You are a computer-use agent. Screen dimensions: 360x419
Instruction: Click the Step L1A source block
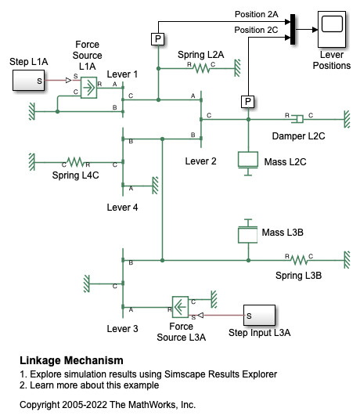29,80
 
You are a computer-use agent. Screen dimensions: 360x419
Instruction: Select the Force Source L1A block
88,88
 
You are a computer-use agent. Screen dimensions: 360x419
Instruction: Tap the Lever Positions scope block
332,30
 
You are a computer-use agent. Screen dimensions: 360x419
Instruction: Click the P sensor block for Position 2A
158,39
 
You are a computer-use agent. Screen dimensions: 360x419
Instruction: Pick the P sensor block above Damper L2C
248,102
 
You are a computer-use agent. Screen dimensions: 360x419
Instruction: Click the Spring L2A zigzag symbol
202,68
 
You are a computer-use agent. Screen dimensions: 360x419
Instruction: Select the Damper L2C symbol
297,119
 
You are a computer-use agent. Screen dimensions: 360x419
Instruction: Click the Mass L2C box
248,160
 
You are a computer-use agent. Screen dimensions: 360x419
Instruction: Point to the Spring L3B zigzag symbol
299,260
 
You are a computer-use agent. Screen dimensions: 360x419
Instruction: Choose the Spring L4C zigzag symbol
76,162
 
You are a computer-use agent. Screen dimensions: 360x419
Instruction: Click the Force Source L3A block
180,307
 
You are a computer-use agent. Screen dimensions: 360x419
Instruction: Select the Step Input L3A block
259,316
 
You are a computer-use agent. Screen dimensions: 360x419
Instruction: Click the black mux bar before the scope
293,30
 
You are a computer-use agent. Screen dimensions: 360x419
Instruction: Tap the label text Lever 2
201,161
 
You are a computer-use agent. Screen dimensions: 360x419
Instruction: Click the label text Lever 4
122,208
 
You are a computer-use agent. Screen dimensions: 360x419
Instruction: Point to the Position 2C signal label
256,30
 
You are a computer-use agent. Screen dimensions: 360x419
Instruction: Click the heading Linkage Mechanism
71,360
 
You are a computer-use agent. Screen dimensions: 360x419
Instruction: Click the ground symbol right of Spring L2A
237,68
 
